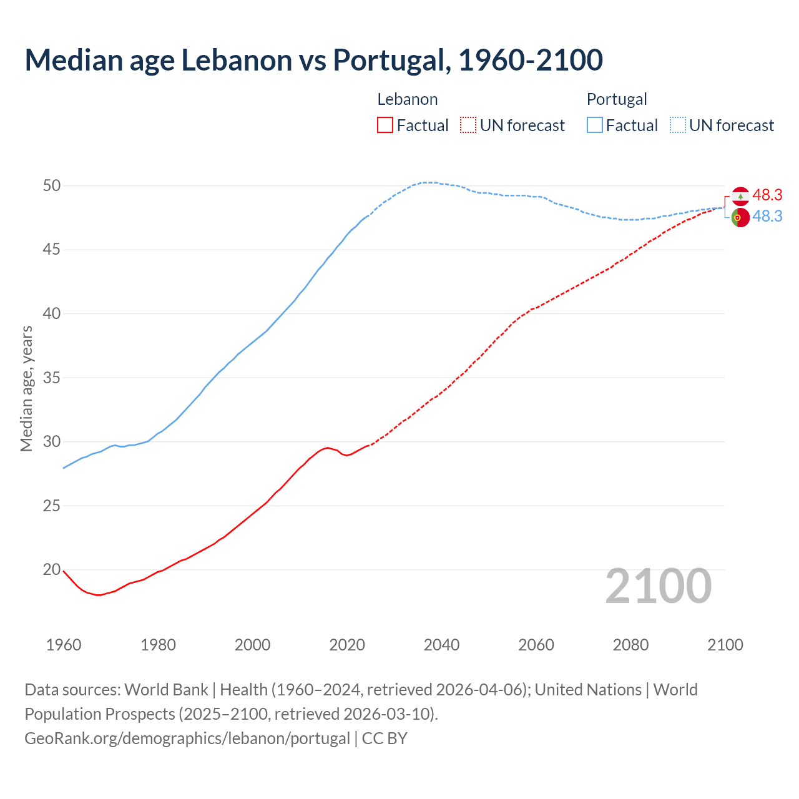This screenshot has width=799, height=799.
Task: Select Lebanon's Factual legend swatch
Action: (385, 125)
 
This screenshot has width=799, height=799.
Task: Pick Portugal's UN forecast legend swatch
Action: (678, 125)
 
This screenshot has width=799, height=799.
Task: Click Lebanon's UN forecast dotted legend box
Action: (468, 125)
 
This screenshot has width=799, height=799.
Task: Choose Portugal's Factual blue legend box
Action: (595, 125)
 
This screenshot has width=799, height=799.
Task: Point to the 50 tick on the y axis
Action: (52, 185)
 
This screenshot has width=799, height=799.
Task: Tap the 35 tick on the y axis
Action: (52, 378)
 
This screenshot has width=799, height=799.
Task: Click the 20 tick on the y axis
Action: (52, 569)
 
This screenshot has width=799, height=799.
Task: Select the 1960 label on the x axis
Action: (64, 645)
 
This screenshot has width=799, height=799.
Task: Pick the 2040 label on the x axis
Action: (441, 645)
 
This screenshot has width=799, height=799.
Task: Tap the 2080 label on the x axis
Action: (630, 645)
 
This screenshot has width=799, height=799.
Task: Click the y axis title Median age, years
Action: (26, 388)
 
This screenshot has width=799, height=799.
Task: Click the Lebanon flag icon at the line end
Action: (740, 196)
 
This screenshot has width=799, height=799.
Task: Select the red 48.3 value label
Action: (767, 195)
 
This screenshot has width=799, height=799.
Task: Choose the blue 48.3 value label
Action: (767, 216)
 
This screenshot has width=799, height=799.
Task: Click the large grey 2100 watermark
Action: (658, 586)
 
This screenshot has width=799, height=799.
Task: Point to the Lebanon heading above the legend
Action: (407, 99)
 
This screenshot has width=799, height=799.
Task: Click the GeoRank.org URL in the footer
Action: (187, 738)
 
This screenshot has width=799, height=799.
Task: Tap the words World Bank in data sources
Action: (166, 690)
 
